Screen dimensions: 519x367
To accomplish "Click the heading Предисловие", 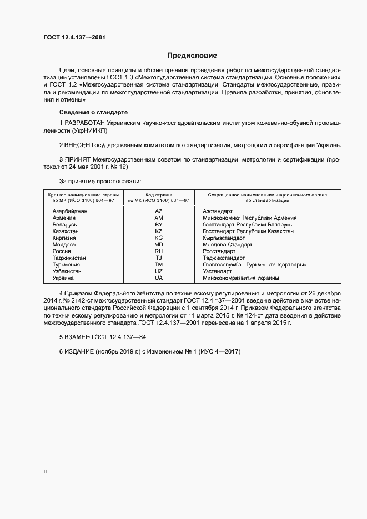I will (x=192, y=56).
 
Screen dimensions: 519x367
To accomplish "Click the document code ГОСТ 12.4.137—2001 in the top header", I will (x=74, y=37).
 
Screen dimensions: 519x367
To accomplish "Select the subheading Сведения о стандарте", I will (x=93, y=112).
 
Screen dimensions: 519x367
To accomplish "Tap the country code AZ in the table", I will (x=159, y=211).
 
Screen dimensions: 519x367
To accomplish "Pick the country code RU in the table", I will (x=159, y=251).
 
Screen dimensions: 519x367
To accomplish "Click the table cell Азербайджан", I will (x=69, y=211).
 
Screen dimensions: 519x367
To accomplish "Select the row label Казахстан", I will (x=66, y=231).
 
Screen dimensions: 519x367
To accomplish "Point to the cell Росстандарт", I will (x=219, y=251).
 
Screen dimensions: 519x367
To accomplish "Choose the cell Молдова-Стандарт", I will (x=228, y=245).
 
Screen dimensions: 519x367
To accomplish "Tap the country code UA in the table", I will (x=159, y=278).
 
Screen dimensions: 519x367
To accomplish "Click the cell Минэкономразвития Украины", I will (x=241, y=278).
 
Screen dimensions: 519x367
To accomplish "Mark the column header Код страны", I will (x=159, y=195).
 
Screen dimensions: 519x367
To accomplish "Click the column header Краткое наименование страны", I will (x=81, y=195).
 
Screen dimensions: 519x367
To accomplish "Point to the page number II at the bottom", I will (x=45, y=472).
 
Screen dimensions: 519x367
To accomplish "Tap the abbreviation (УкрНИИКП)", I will (x=89, y=130).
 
